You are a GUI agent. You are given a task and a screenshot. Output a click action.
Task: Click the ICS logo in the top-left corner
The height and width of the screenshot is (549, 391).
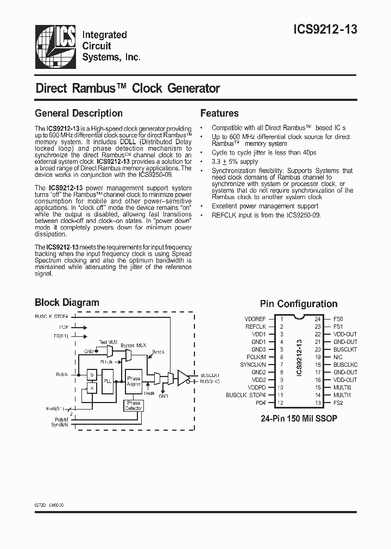pos(54,44)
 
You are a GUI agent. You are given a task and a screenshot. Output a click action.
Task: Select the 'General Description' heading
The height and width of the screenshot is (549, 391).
pos(78,113)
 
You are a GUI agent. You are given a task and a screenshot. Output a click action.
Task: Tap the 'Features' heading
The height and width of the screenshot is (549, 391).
pos(219,113)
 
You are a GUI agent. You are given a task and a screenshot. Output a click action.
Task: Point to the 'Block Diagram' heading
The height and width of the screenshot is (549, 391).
pos(67,303)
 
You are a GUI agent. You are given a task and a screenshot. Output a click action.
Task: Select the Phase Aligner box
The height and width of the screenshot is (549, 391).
pos(133,380)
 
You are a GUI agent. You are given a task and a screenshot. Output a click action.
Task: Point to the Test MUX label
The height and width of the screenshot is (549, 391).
pos(108,342)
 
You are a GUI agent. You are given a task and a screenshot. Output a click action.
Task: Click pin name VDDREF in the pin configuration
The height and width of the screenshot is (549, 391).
pos(255,319)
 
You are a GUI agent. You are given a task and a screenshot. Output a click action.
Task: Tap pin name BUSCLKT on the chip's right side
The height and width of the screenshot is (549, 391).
pos(345,350)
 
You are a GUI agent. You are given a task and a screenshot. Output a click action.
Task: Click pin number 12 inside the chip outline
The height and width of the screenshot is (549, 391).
pos(281,403)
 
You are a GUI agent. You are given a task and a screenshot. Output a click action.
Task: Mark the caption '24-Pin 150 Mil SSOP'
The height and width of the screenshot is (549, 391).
pos(298,419)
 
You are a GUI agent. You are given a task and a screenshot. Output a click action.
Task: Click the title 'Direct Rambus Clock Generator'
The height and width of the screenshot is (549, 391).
pos(128,88)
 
